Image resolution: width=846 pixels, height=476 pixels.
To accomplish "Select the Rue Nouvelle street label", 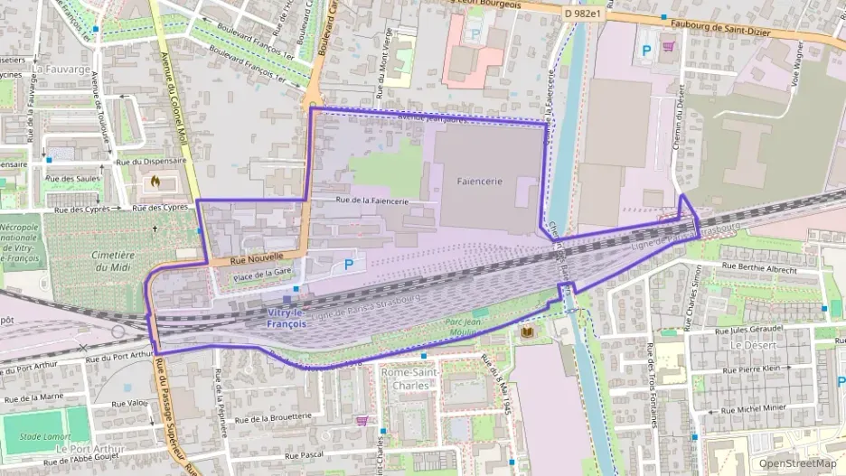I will (x=250, y=260).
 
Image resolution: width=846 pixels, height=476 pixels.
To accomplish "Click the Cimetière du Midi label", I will (x=113, y=262).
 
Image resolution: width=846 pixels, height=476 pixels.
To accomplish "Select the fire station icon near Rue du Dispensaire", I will (x=155, y=181).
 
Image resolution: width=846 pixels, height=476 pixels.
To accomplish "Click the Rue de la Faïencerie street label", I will (x=371, y=201).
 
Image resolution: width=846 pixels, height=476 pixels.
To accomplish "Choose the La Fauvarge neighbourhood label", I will (x=61, y=69).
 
